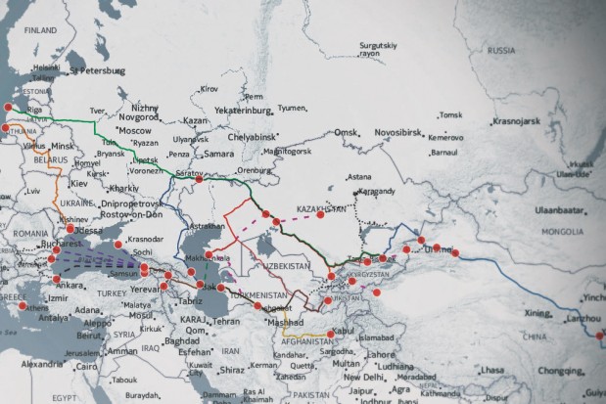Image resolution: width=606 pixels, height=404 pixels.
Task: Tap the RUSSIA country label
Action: coord(501,49)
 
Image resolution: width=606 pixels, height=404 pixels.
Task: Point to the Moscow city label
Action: coord(133,130)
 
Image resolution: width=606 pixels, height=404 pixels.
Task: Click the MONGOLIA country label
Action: coord(561,233)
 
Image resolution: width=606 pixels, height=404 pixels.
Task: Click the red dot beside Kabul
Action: coord(332,333)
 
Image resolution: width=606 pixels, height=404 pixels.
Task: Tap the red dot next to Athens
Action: coord(22,305)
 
